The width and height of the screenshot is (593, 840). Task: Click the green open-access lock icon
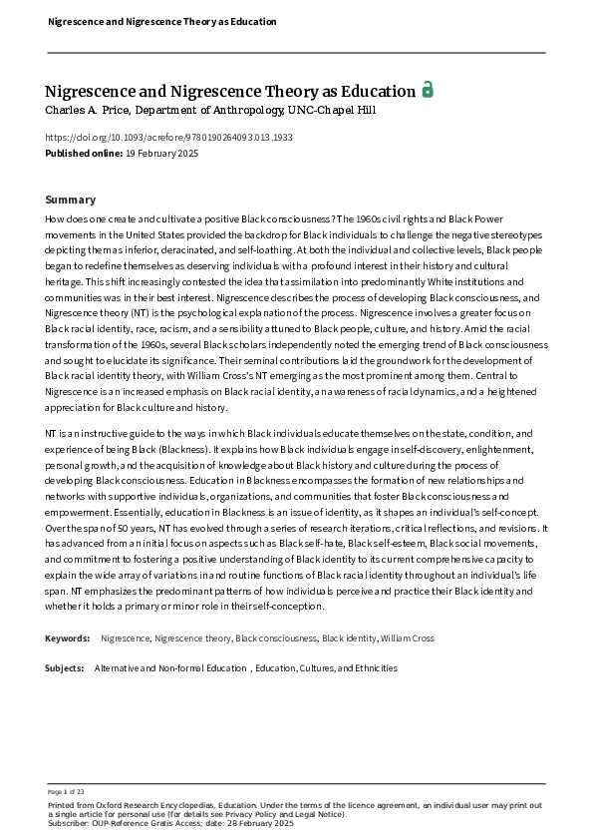(x=427, y=90)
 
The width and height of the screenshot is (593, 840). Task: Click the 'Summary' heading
(x=71, y=200)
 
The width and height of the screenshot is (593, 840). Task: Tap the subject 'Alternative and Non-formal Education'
(x=170, y=667)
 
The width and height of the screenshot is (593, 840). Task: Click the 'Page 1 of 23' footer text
(x=66, y=791)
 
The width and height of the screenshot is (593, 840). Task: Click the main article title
(x=229, y=91)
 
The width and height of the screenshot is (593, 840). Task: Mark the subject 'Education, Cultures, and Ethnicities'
(x=326, y=667)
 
